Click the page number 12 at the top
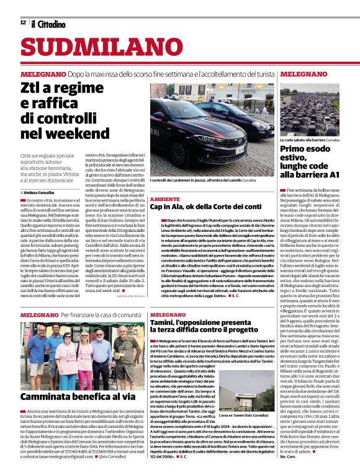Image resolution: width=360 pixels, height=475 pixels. tap(23, 22)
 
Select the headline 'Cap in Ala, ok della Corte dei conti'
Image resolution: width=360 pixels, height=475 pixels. tap(205, 206)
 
